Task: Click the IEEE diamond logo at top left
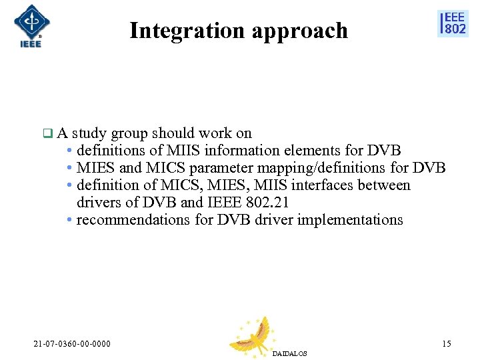pyautogui.click(x=31, y=25)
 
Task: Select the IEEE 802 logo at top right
pyautogui.click(x=453, y=23)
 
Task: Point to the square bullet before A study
pyautogui.click(x=47, y=133)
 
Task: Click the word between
pyautogui.click(x=386, y=185)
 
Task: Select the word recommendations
pyautogui.click(x=133, y=220)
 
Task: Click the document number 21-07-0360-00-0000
pyautogui.click(x=72, y=344)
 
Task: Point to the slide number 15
pyautogui.click(x=446, y=344)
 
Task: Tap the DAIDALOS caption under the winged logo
pyautogui.click(x=290, y=353)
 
